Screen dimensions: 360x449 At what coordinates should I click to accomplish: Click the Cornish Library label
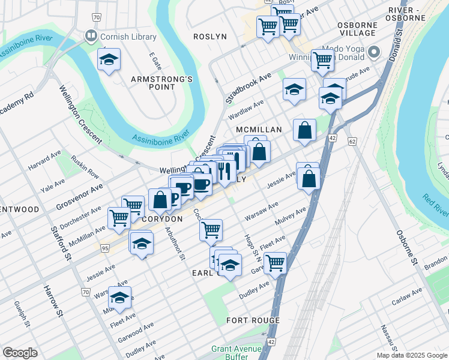128,37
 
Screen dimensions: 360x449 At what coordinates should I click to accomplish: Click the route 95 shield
104,248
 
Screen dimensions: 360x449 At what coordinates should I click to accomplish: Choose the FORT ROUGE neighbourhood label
253,320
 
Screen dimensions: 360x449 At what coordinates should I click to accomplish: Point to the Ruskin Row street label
85,167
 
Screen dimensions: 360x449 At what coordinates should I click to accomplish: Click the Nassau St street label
387,338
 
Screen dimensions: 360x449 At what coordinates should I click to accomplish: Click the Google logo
20,353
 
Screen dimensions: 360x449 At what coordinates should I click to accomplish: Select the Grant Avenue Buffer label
236,353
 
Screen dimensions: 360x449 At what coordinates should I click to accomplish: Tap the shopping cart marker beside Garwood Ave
275,262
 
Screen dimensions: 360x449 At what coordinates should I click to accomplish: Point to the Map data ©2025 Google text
411,355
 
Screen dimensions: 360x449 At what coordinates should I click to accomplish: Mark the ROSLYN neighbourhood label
209,37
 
